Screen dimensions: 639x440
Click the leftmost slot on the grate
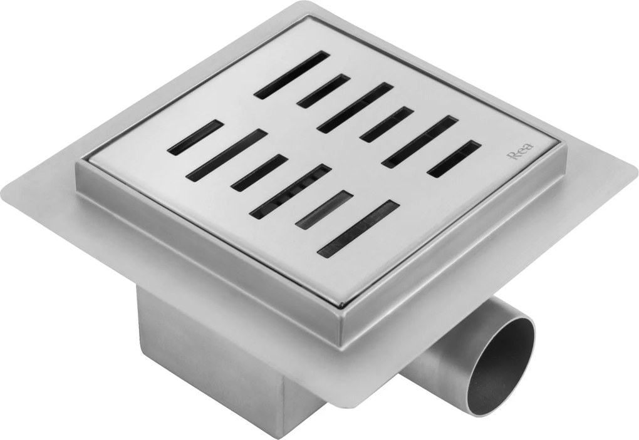tap(195, 137)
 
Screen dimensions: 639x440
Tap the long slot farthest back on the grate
tap(292, 75)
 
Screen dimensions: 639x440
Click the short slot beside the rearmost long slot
tap(323, 91)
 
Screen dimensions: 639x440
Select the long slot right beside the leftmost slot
tap(227, 155)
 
